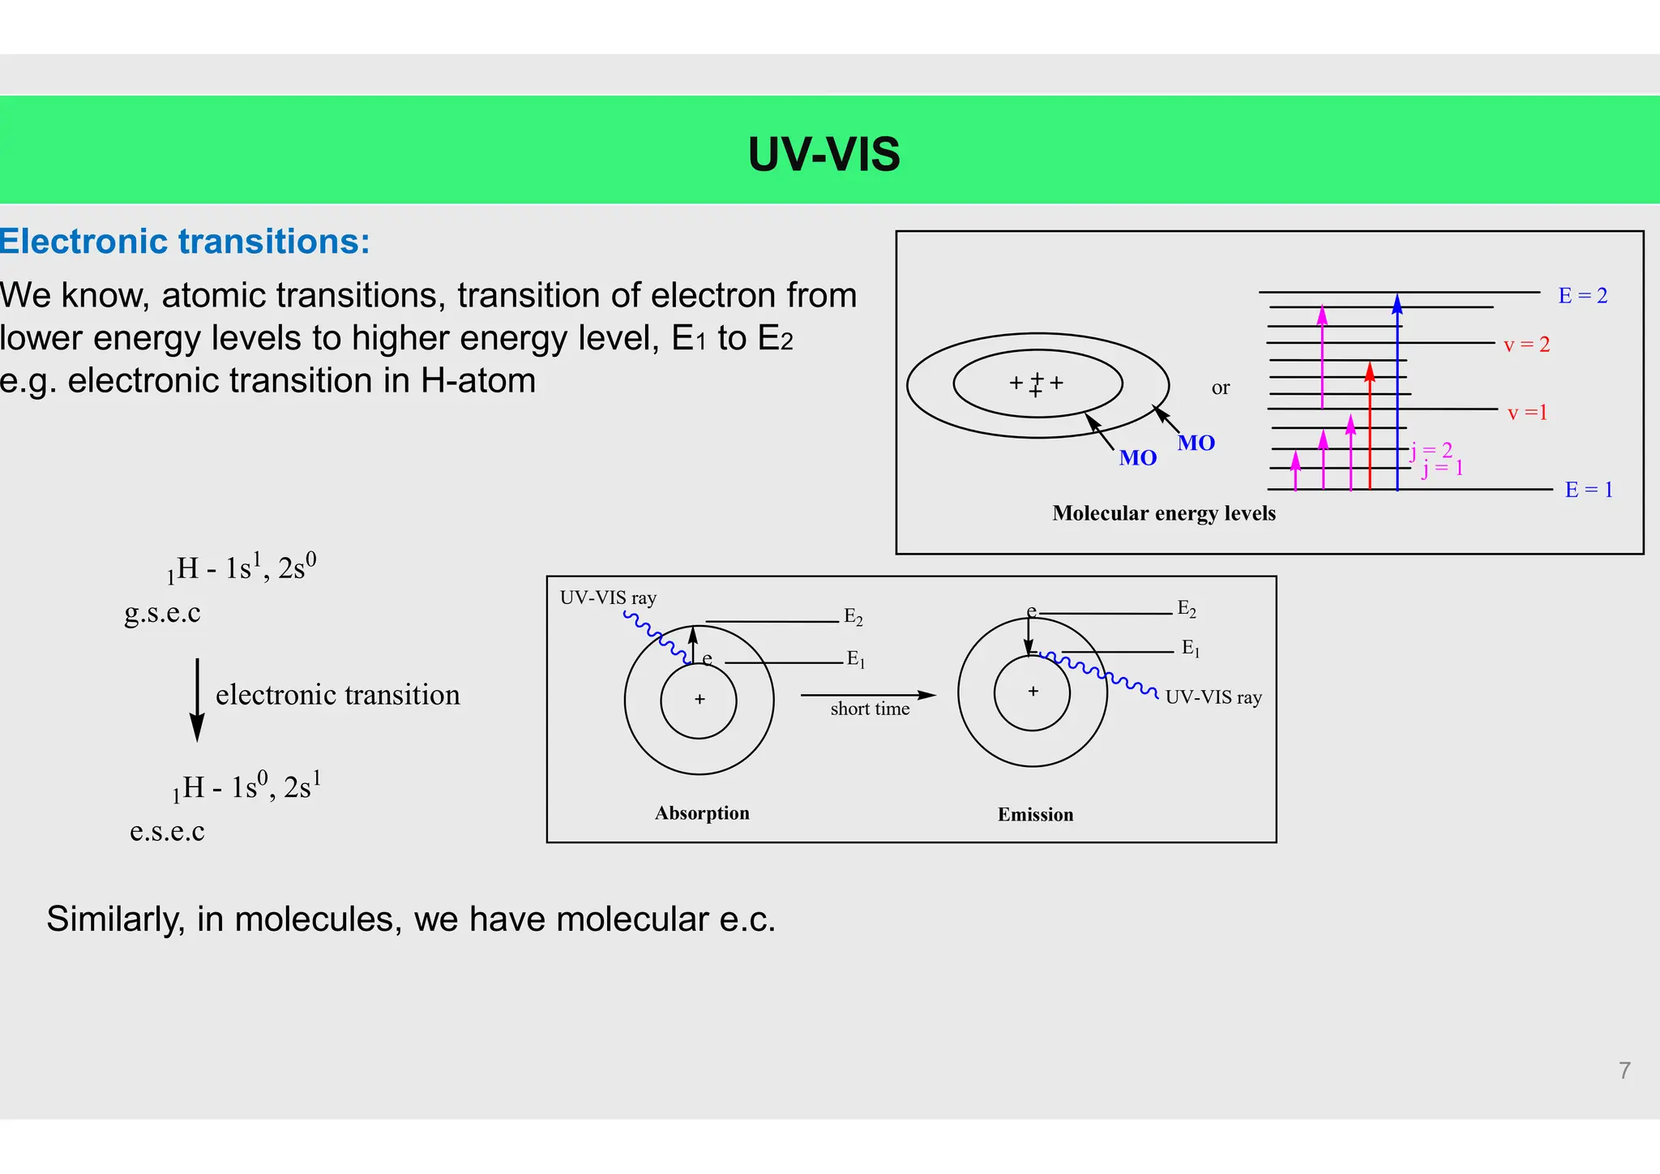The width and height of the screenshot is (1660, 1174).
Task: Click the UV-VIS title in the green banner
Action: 824,154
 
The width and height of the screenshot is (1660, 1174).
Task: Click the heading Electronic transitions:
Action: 185,242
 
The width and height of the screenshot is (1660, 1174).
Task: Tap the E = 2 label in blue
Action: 1582,296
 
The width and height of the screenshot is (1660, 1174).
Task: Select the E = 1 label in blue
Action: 1588,490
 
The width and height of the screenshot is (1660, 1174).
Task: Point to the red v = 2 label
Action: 1526,345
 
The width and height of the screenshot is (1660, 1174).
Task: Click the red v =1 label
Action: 1527,413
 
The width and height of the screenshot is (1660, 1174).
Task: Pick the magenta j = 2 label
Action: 1433,450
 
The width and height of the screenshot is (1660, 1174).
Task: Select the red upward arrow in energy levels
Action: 1370,426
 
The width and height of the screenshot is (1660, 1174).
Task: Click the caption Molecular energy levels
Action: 1163,514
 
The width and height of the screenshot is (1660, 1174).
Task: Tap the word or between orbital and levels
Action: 1220,388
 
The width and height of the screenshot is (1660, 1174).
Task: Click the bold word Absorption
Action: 702,813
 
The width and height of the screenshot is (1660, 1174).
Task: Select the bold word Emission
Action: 1035,815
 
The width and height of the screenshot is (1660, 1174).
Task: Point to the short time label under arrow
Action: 870,709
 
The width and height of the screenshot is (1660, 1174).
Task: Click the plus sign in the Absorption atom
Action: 700,700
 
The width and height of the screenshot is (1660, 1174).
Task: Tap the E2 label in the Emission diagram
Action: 1187,609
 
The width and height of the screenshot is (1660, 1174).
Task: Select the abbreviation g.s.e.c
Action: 162,613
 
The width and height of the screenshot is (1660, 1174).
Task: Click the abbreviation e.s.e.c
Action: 167,831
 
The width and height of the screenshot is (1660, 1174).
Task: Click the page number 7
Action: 1624,1071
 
